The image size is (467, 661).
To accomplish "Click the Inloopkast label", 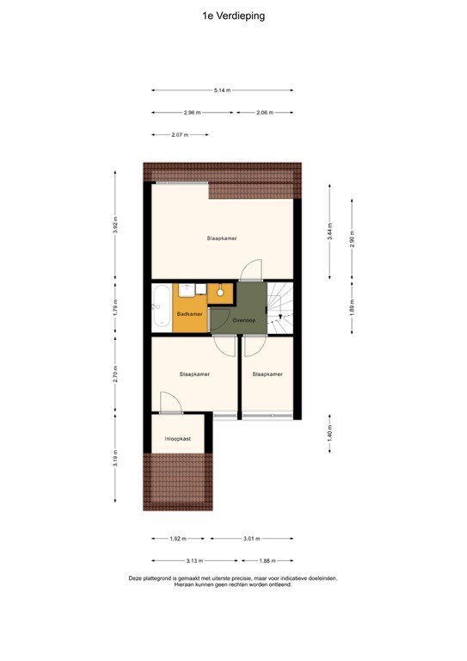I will point(178,437).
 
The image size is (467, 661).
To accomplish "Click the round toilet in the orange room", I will point(220,293).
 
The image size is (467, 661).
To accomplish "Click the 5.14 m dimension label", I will point(222,90).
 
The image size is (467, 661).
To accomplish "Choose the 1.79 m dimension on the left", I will point(114,308).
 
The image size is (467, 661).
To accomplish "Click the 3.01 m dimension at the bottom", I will point(252,539).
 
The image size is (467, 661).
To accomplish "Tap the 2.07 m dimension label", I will point(179,135).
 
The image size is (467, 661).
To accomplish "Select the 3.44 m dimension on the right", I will point(329,232).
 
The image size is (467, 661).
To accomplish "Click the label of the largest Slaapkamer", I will point(222,238).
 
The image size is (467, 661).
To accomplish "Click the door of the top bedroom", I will point(251,270).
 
